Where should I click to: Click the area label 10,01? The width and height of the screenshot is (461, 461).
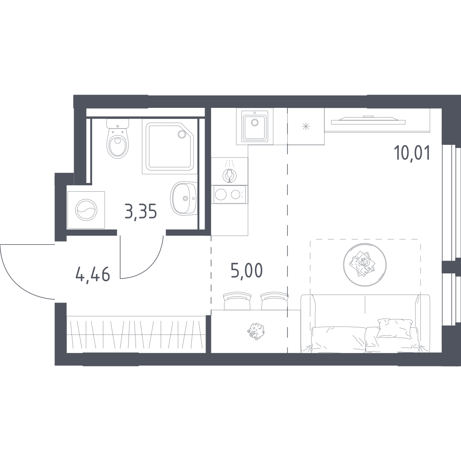coord(412,153)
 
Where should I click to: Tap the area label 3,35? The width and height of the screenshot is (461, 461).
coord(141,212)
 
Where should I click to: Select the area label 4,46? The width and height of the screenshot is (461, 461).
coord(93,274)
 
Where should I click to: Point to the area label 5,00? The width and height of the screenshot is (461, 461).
coord(246,271)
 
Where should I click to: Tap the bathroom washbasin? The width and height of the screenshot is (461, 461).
coord(184,198)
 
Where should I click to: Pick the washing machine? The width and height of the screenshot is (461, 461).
coord(86,210)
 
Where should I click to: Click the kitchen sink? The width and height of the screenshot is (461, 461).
coord(254,126)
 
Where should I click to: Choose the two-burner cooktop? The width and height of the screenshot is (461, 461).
coord(230,195)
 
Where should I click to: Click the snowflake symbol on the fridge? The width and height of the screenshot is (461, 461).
coord(306,127)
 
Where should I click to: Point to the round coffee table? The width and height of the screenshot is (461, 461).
coord(365,264)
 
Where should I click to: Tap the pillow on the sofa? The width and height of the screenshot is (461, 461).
coord(394,328)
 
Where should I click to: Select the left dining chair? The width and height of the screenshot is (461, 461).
coord(237,301)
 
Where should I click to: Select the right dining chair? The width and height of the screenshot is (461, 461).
coord(274,301)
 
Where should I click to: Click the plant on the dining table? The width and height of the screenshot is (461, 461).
coord(256,331)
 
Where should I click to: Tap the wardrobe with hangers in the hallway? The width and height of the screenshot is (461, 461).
coord(136,334)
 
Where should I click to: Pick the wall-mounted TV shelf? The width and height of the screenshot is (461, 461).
coord(368,120)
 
